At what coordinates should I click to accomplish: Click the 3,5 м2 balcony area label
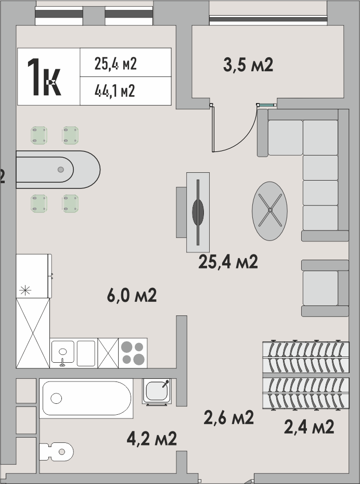pos(248,65)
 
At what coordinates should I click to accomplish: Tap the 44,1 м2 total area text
pos(115,91)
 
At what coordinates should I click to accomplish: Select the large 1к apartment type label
pos(44,77)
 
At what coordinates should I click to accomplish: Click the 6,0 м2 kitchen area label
pos(132,295)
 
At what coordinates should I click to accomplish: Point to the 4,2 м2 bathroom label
pos(152,438)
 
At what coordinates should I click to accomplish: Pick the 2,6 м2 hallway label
pos(229,417)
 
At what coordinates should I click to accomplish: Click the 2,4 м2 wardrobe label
pos(309,427)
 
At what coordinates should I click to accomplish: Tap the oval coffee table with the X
pos(269,211)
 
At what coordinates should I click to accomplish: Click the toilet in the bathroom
pos(57,452)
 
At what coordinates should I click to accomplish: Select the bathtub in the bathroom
pos(86,398)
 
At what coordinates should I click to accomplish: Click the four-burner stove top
pos(133,353)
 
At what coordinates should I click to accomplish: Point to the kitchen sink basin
pos(63,352)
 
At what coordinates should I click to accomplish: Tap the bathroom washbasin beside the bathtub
pos(157,391)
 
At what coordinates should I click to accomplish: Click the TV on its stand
pos(198,212)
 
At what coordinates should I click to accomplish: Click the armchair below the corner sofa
pos(325,288)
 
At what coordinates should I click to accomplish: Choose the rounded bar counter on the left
pos(58,170)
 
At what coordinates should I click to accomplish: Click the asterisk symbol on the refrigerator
pos(25,290)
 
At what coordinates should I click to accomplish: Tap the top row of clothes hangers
pos(306,357)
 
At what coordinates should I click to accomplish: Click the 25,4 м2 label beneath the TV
pos(228,262)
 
